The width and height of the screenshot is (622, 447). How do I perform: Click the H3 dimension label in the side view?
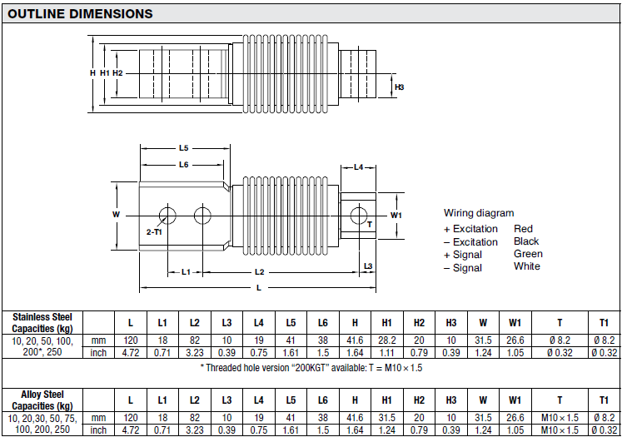[400, 87]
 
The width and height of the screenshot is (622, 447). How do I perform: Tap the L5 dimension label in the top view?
[183, 148]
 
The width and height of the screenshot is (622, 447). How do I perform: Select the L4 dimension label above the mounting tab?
[359, 167]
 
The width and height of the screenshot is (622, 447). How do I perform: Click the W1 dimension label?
[396, 215]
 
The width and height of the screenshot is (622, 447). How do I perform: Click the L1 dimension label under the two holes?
[186, 272]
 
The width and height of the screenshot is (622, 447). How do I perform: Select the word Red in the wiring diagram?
[523, 229]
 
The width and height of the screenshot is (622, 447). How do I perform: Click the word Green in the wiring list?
[528, 254]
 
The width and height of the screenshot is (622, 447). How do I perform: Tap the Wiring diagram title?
[479, 213]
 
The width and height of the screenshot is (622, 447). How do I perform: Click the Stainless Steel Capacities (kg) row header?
[42, 322]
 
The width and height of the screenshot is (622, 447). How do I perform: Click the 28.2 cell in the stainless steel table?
[386, 341]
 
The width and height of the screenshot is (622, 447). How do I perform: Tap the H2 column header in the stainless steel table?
[419, 322]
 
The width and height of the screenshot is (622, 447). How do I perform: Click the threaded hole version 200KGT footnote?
[311, 367]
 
